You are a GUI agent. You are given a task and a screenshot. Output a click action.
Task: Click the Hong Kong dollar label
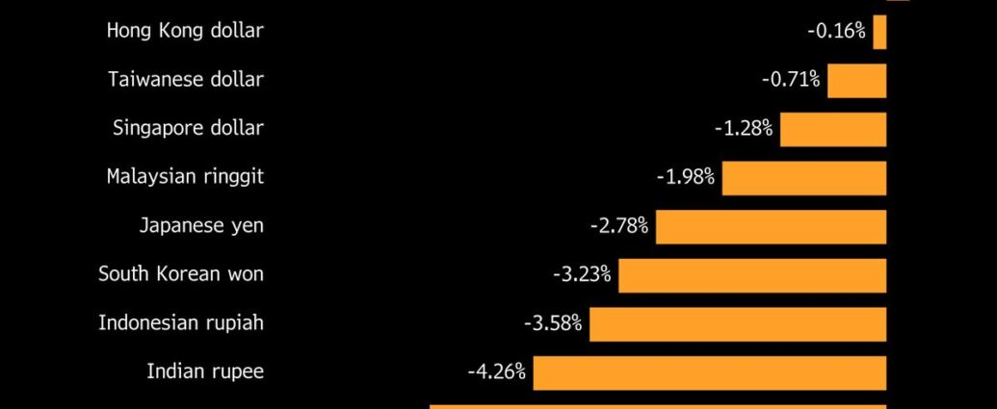(x=185, y=31)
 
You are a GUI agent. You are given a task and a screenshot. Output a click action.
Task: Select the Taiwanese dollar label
(x=186, y=80)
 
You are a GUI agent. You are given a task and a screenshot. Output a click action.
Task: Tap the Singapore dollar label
(x=188, y=128)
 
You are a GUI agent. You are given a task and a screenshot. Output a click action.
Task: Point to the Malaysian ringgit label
(x=185, y=177)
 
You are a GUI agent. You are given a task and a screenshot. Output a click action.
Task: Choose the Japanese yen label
(x=201, y=226)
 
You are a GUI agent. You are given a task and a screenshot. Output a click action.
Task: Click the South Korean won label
(x=181, y=274)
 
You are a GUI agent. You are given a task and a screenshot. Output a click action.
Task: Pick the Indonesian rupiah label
(x=181, y=322)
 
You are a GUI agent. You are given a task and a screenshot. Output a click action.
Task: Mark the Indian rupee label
(x=205, y=371)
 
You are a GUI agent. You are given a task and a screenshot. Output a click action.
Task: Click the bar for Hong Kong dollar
(x=879, y=32)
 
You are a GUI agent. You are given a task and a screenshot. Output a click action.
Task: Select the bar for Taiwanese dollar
(x=856, y=80)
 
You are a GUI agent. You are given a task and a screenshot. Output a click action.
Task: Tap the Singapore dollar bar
(x=832, y=129)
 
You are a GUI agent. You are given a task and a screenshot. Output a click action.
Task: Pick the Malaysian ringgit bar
(x=803, y=178)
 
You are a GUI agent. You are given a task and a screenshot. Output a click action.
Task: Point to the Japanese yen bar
(x=771, y=226)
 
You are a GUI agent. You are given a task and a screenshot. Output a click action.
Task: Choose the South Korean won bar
(x=751, y=275)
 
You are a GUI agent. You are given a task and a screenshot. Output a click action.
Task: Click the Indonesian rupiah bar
(x=737, y=323)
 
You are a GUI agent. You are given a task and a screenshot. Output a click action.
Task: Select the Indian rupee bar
(x=709, y=372)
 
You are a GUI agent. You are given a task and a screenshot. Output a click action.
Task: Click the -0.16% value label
(x=836, y=31)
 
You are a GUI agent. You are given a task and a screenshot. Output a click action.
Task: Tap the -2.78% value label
(x=619, y=226)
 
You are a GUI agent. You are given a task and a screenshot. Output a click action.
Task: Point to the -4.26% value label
(x=496, y=371)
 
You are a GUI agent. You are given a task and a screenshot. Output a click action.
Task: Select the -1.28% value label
(x=744, y=128)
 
